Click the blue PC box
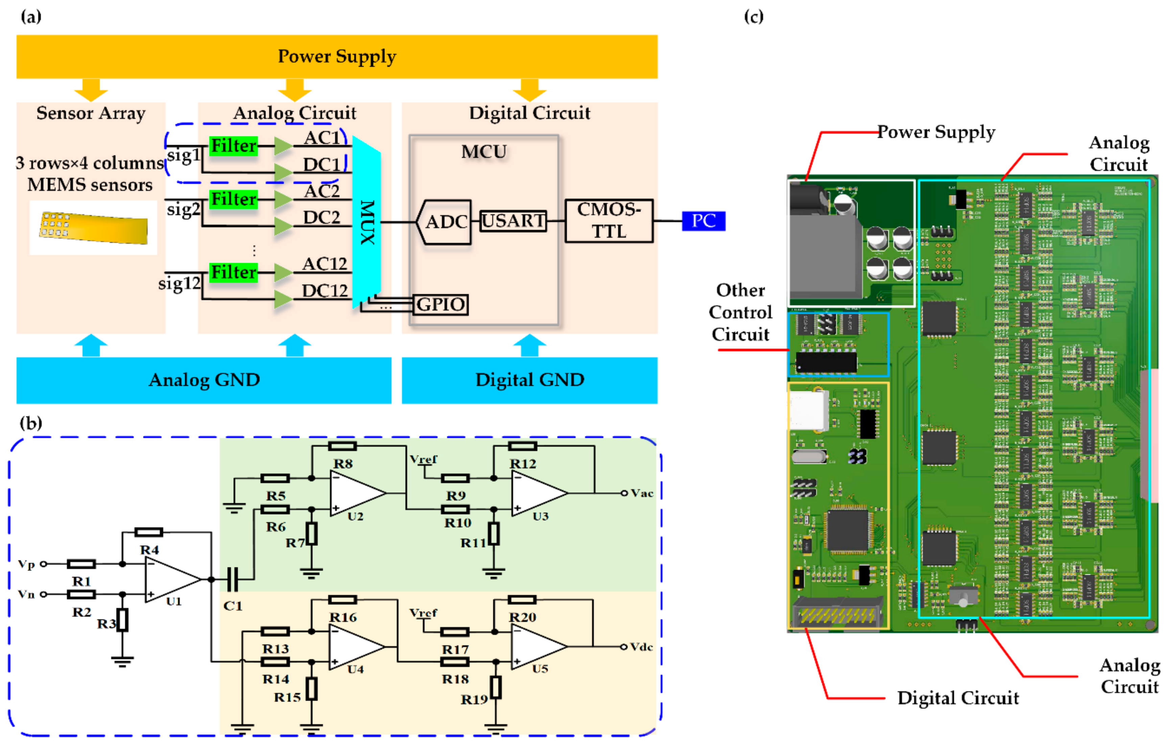[x=703, y=221]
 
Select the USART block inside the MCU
[x=513, y=221]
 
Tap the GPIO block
[x=440, y=305]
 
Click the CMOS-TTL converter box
[x=609, y=221]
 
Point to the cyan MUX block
[x=366, y=222]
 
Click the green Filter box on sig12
[x=233, y=272]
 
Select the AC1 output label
[x=322, y=138]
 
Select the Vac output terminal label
[x=642, y=493]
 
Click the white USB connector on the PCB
[x=808, y=410]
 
